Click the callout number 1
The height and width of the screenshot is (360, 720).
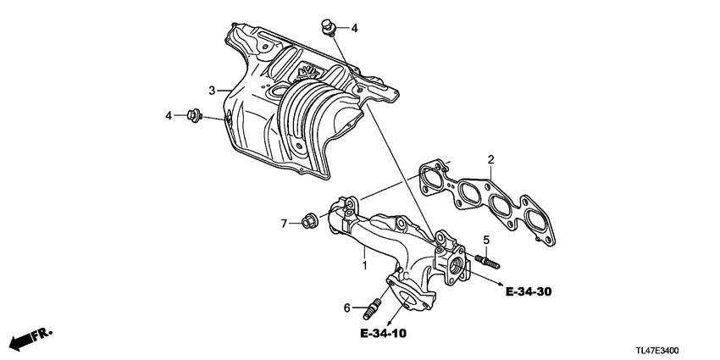pyautogui.click(x=364, y=265)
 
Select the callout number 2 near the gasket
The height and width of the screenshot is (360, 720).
pyautogui.click(x=490, y=158)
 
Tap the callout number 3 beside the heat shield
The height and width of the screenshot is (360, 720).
pyautogui.click(x=213, y=90)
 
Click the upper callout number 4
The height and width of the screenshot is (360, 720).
pyautogui.click(x=354, y=28)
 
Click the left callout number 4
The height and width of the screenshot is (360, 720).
pyautogui.click(x=169, y=115)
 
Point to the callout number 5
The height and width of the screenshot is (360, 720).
pyautogui.click(x=486, y=239)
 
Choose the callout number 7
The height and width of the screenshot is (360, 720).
pyautogui.click(x=285, y=224)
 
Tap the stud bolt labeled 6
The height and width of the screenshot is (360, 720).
pyautogui.click(x=373, y=303)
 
